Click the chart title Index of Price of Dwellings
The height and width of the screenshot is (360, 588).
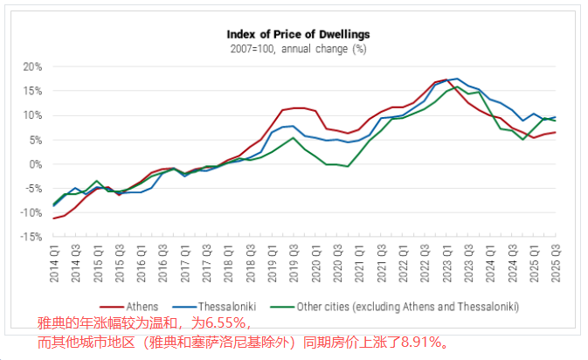coord(298,34)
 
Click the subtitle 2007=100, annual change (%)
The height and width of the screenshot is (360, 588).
coord(298,48)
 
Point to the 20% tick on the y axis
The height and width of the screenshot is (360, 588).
coord(32,66)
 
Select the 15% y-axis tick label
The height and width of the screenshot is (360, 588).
coord(32,91)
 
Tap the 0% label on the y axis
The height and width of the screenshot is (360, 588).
coord(36,164)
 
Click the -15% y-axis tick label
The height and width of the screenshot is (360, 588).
coord(31,237)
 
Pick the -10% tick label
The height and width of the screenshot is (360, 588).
coord(31,212)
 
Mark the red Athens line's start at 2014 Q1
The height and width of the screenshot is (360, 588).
coord(54,218)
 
